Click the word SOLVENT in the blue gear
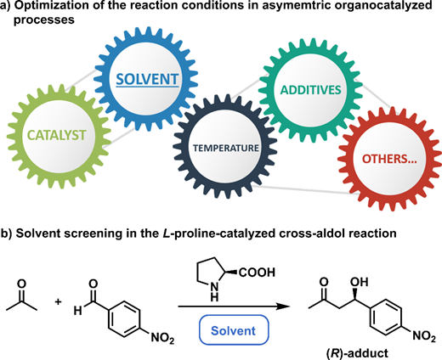147,79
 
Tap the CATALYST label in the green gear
57,135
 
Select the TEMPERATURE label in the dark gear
226,148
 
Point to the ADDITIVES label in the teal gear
310,90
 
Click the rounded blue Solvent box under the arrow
234,330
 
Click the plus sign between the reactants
58,302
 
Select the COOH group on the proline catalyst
257,273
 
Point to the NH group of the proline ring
215,292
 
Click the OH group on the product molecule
360,282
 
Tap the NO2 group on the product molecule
424,336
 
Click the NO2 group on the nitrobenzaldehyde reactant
162,338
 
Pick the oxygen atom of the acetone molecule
21,284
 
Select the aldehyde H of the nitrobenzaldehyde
77,311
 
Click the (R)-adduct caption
357,354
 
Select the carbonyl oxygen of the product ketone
324,282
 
